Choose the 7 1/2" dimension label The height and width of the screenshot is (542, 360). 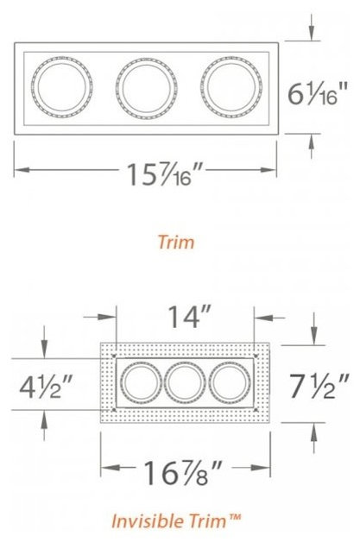320,380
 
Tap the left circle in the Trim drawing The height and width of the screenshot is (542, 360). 60,87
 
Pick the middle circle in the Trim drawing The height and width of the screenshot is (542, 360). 145,87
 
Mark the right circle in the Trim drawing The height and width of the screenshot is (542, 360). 230,87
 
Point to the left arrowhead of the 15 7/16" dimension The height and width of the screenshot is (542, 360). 19,169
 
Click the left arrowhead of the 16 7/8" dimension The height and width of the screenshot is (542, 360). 105,470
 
